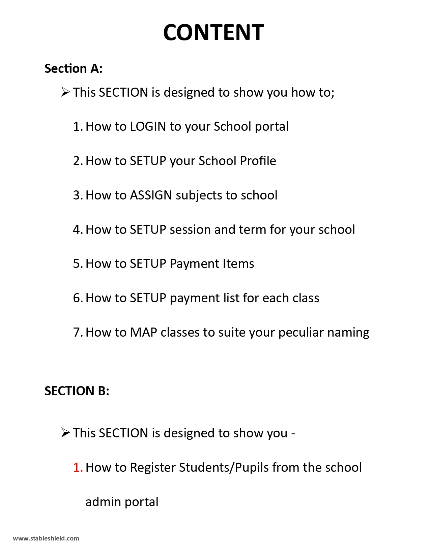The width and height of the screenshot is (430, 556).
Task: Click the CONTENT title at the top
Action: tap(213, 33)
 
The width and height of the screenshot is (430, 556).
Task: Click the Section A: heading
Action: tap(73, 68)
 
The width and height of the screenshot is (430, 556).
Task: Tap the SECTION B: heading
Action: tap(77, 391)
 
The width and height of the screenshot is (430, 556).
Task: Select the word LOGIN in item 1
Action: tap(148, 127)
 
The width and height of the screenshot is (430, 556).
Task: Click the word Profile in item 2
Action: tap(258, 161)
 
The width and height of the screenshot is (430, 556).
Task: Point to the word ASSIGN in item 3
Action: tap(151, 195)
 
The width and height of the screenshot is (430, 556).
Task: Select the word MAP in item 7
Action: tap(143, 333)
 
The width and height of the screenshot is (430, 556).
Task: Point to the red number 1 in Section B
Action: tap(77, 468)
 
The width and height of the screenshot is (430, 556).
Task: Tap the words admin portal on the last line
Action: tap(122, 502)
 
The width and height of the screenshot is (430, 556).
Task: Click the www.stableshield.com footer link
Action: tap(46, 538)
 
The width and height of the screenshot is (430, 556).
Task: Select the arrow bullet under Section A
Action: tap(65, 92)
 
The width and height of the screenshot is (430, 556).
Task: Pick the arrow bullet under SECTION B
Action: tap(65, 433)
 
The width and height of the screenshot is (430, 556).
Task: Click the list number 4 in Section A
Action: tap(77, 230)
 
